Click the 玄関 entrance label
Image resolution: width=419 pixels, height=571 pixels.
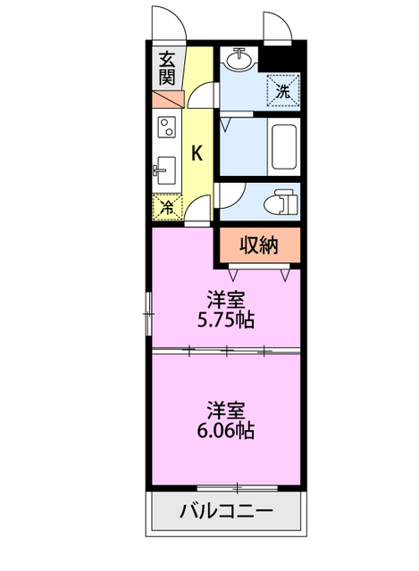pos(167,68)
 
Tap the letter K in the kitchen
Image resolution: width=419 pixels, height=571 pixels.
pos(197,153)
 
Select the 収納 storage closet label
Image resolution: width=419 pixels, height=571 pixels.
pos(259,245)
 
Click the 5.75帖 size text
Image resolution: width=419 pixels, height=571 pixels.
pos(225,319)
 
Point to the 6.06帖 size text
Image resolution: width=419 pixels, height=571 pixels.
pos(225,430)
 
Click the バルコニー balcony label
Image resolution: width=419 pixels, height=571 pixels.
pos(226,511)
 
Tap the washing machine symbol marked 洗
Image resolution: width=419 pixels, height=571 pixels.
pos(283,91)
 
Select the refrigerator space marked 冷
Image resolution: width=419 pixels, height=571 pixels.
pos(167,208)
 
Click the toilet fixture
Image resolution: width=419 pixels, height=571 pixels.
pos(281,202)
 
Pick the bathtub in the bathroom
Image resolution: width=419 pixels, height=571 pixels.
pos(284,147)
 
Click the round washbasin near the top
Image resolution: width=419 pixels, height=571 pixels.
pos(239,58)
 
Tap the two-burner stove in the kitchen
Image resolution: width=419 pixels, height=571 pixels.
pos(167,127)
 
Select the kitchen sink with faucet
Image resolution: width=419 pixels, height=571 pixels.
pos(164,170)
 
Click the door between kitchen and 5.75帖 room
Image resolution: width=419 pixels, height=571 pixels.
pos(198,211)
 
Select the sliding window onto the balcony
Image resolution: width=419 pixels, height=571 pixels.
pos(238,488)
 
